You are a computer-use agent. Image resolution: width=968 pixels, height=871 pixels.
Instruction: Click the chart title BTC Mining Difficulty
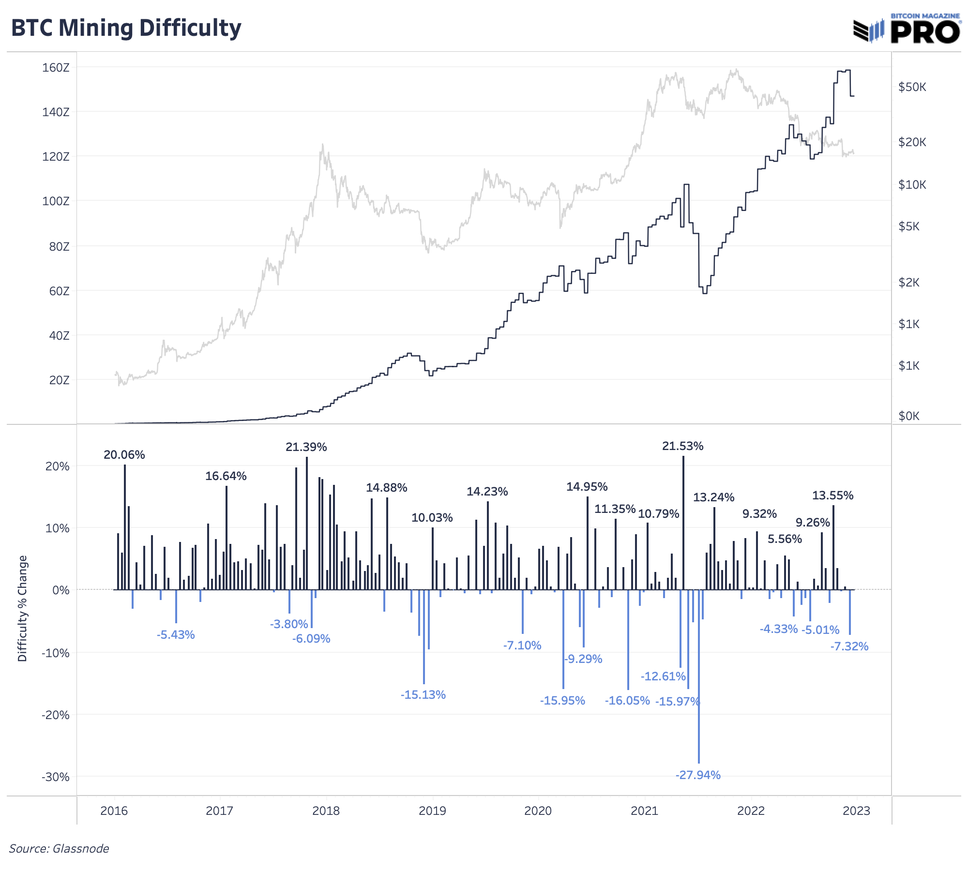(126, 28)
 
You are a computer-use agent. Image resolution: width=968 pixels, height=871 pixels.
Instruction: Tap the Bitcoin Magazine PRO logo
(907, 29)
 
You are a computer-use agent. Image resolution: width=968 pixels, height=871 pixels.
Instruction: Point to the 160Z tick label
(56, 68)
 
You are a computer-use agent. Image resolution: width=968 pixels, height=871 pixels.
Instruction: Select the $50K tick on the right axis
(912, 87)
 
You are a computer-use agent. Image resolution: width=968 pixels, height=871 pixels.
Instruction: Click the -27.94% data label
(698, 775)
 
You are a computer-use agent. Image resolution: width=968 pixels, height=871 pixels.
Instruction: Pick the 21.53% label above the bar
(682, 446)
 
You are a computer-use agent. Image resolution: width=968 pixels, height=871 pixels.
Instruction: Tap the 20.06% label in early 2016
(124, 455)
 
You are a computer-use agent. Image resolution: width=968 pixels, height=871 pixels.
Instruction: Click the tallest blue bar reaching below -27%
(699, 677)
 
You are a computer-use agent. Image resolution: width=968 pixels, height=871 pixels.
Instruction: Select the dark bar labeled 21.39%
(307, 523)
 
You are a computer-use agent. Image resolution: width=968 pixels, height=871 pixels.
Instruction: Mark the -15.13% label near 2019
(423, 695)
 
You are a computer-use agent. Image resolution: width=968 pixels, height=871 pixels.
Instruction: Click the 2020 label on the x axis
(538, 811)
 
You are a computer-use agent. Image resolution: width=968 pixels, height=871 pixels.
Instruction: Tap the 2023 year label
(856, 811)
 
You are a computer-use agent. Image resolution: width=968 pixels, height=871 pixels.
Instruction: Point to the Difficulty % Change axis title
(22, 608)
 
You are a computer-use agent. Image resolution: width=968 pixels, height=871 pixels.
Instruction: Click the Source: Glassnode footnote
(59, 848)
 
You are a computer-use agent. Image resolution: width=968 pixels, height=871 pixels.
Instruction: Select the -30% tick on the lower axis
(56, 777)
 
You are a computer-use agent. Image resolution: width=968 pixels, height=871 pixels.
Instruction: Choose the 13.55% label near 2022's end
(832, 496)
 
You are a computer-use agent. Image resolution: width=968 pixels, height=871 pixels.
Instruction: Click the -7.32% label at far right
(849, 646)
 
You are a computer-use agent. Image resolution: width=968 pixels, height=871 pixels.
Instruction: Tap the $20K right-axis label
(912, 142)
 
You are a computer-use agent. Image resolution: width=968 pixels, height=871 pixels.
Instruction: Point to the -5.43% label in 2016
(176, 635)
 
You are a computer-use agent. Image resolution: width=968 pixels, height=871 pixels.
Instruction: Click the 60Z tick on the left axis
(59, 291)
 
